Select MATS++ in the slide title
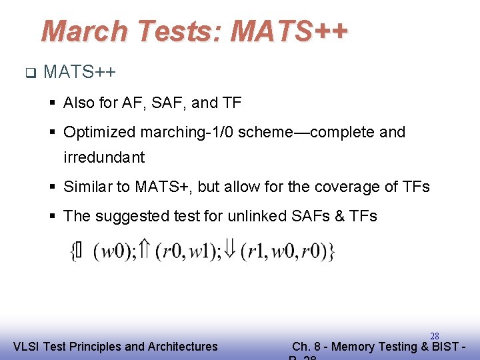[x=289, y=31]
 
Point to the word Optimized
[x=99, y=132]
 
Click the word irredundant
[x=104, y=157]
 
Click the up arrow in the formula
[x=146, y=250]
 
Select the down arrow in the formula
[x=231, y=250]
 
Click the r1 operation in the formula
[x=255, y=251]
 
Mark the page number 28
[x=435, y=336]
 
